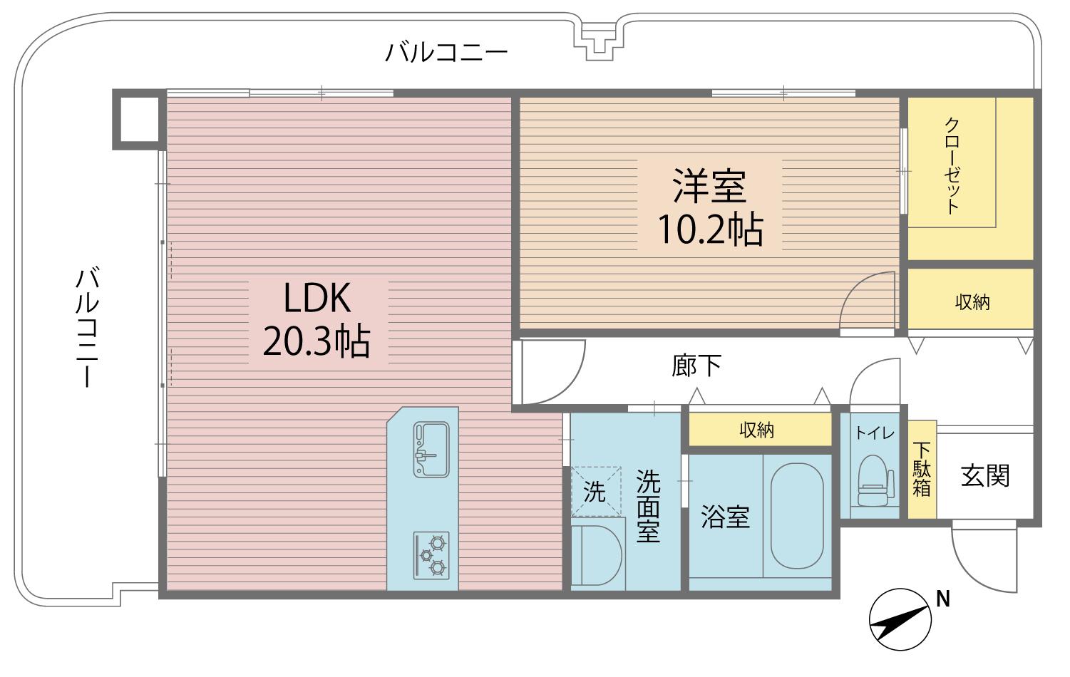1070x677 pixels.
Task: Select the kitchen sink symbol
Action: coord(431,450)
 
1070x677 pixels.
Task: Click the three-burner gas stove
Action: coord(431,554)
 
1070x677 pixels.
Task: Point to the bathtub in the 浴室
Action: coord(797,516)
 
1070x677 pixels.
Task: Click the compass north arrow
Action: coord(900,620)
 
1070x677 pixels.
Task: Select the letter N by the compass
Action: coord(943,599)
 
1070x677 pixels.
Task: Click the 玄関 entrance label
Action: coord(985,476)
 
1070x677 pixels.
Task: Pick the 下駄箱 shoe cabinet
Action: coord(922,470)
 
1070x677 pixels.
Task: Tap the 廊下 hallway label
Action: coord(696,366)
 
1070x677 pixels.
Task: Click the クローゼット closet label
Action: coord(952,165)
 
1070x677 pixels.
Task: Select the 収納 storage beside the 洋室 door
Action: coord(971,299)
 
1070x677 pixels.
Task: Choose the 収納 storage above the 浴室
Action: coord(760,430)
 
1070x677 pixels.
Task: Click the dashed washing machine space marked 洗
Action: coord(596,491)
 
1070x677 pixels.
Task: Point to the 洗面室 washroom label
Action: coord(648,506)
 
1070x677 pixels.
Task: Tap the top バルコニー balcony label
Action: coord(446,53)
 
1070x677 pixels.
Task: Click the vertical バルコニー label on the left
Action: coord(88,328)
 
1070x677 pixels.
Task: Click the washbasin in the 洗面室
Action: coord(597,555)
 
